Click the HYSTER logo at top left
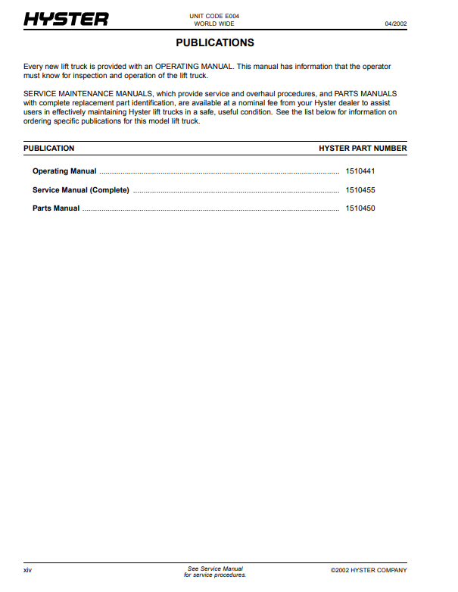66,20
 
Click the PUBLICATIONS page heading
215,43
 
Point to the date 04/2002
395,23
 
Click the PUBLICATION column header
49,149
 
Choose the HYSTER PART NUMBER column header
363,149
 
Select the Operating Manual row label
64,171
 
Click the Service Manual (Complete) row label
81,190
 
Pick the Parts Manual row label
56,208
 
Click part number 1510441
360,171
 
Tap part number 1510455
360,190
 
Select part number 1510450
360,208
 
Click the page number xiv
28,570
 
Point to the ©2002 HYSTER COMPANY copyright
369,570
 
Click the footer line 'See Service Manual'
215,569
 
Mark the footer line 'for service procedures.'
215,575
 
